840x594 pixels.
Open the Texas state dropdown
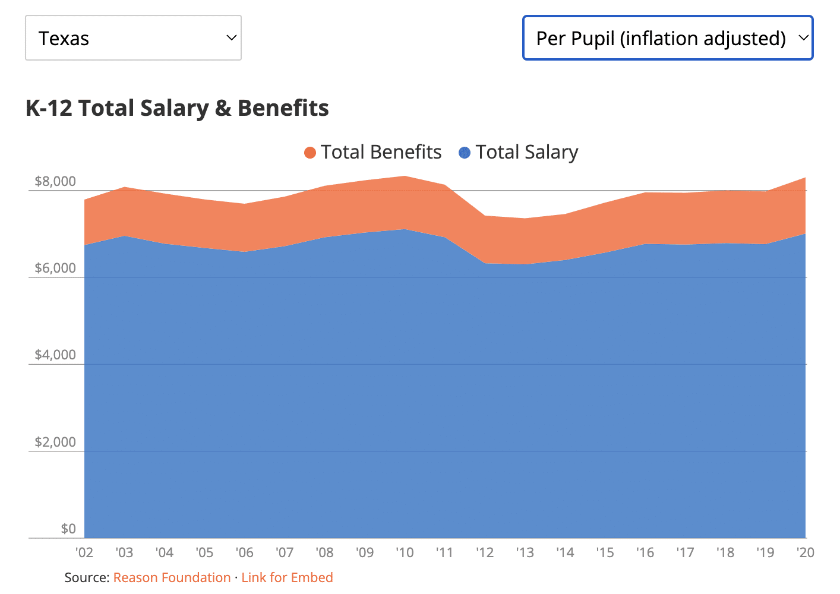(133, 38)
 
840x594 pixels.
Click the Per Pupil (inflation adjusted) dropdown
(667, 38)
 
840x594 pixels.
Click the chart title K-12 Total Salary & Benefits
(177, 108)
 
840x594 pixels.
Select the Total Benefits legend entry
(381, 152)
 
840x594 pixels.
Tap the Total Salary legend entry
(526, 152)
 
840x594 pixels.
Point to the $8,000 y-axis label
(55, 181)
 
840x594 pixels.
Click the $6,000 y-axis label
(55, 268)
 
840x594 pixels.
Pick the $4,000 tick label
(55, 355)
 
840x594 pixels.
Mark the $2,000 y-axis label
(55, 442)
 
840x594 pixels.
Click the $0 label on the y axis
(68, 529)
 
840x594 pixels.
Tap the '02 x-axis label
(84, 552)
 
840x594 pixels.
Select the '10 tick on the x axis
(405, 552)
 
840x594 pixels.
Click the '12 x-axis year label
(485, 552)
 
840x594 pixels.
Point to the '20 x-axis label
(805, 552)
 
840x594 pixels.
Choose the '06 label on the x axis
(244, 552)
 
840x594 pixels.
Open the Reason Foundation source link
(172, 577)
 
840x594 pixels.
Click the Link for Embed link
(287, 577)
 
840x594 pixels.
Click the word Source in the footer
(86, 577)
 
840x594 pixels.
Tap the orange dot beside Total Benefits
(310, 153)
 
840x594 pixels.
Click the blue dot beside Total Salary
(465, 153)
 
